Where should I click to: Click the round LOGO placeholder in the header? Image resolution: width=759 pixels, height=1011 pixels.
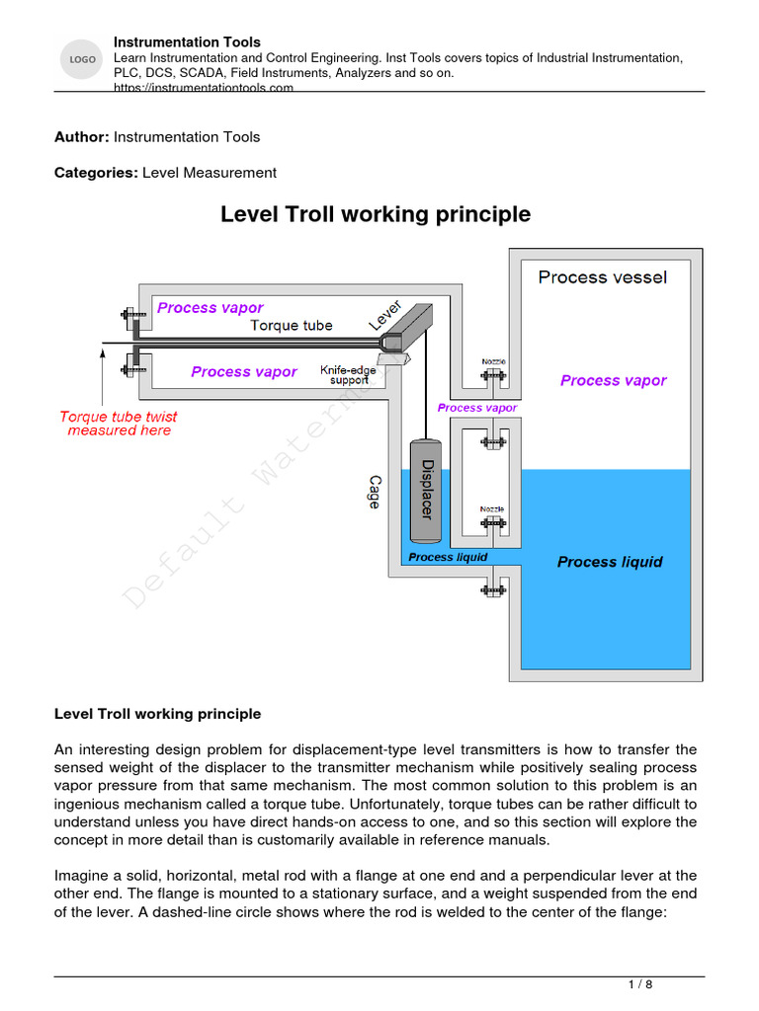(81, 61)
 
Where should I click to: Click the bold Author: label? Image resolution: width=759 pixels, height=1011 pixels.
(82, 136)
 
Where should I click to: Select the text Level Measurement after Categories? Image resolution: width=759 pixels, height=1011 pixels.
(210, 173)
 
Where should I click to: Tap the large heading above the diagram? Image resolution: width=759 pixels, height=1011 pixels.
(375, 214)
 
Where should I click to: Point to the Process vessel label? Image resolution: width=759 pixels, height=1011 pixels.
(602, 277)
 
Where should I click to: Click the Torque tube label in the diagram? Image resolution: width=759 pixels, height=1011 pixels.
(292, 325)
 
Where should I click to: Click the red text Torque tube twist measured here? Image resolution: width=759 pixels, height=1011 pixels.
(119, 424)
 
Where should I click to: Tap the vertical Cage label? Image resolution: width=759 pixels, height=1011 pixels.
(374, 491)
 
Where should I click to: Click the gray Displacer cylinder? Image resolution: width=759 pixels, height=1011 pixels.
(426, 489)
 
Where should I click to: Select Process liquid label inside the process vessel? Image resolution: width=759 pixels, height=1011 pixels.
(610, 562)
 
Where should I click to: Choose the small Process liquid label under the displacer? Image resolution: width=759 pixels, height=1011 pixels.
(448, 557)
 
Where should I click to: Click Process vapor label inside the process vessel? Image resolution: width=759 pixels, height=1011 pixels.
(613, 381)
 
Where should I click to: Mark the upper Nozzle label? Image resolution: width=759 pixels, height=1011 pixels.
(493, 361)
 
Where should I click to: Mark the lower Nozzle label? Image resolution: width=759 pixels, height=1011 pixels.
(493, 509)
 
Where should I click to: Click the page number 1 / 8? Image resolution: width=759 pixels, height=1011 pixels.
(640, 984)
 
